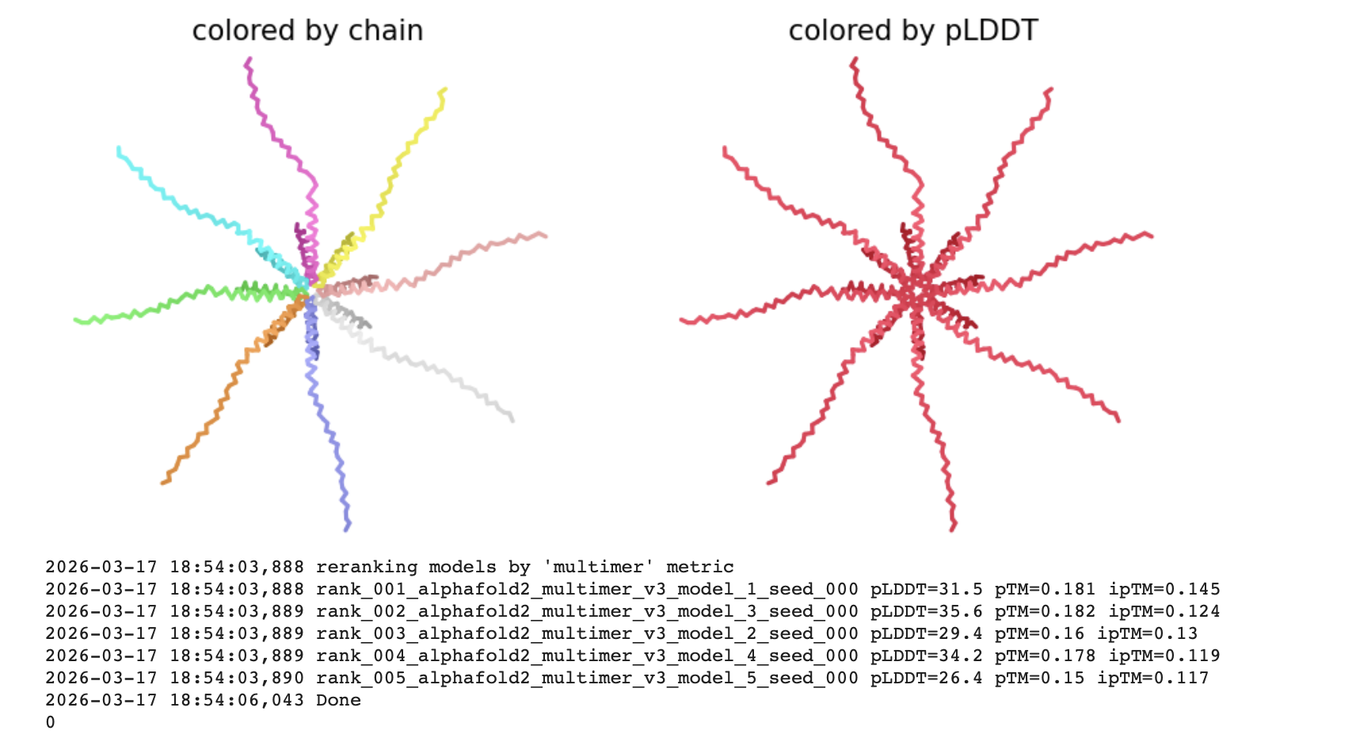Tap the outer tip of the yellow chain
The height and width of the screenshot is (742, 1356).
tap(445, 90)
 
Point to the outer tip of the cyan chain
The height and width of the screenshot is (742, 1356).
tap(119, 148)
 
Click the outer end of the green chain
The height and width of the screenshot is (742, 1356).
tap(76, 319)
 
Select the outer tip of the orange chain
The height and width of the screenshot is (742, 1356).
tap(163, 482)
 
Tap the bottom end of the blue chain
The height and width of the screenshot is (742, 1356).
tap(347, 530)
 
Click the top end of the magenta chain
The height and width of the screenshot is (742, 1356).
tap(249, 59)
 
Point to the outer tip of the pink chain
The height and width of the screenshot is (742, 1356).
tap(545, 235)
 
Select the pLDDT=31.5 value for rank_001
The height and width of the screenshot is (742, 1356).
tap(926, 589)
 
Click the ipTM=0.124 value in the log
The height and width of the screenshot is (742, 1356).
tap(1164, 612)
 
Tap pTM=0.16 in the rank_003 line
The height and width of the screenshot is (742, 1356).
tap(1039, 634)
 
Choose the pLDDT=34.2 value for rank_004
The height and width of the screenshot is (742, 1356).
tap(926, 656)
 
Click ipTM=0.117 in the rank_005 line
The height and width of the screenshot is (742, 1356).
tap(1153, 679)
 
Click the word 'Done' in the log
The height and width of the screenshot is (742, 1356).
tap(338, 700)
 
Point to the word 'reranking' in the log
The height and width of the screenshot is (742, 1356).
tap(367, 568)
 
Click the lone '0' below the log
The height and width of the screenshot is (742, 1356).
tap(50, 723)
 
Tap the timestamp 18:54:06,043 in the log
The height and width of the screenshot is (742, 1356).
tap(237, 701)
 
